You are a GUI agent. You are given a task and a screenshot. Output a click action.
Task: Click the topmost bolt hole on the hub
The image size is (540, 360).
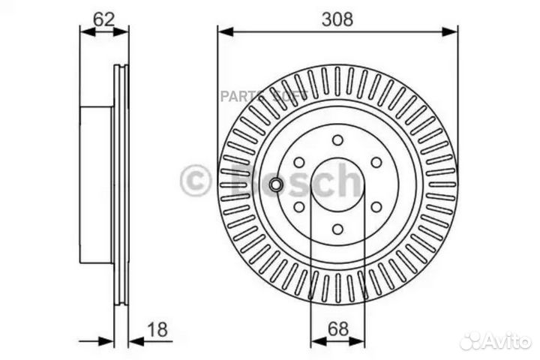click(x=337, y=140)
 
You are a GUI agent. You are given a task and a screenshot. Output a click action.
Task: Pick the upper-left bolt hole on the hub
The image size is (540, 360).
click(x=298, y=163)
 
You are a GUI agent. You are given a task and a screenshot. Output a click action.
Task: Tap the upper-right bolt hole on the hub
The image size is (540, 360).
click(x=376, y=163)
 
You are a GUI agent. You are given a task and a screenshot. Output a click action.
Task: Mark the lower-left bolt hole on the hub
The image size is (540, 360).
click(x=298, y=208)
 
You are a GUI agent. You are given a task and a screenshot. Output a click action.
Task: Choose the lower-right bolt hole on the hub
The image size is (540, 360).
click(x=376, y=208)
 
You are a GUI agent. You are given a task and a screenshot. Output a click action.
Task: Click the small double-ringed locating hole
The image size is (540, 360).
click(x=277, y=185)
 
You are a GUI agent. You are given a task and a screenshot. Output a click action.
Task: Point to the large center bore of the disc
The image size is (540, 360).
click(x=337, y=185)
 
